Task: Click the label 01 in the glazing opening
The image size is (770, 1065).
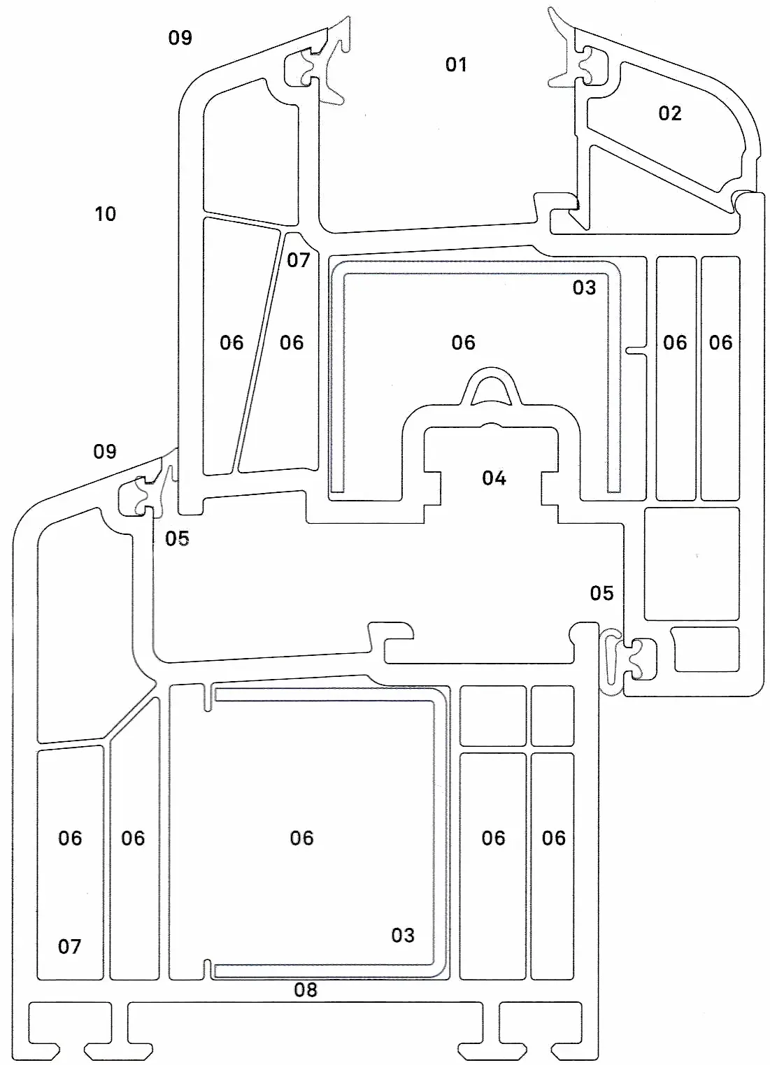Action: tap(455, 64)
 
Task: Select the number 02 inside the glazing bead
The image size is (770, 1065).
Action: tap(670, 113)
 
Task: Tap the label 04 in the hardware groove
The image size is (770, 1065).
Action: tap(494, 478)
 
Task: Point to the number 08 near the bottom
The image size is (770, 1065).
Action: tap(306, 990)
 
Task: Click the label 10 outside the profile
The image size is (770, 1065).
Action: tap(105, 214)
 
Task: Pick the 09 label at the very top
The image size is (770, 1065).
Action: tap(180, 38)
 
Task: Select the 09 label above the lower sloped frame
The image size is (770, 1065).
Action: tap(105, 451)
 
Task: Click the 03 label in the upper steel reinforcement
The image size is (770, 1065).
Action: tap(584, 287)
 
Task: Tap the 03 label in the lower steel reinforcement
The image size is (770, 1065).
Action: tap(402, 936)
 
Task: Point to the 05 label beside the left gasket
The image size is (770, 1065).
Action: tap(177, 538)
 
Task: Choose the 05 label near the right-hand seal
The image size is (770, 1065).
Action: tap(601, 594)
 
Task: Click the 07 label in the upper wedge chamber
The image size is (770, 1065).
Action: tap(298, 260)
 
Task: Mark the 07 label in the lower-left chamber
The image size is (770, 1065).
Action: tap(69, 947)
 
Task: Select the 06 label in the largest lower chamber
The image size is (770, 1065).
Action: tap(301, 838)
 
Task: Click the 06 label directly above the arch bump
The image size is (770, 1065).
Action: tap(463, 343)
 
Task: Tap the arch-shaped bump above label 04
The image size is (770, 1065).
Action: tap(491, 385)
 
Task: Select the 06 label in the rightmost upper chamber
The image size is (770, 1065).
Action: tap(720, 343)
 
